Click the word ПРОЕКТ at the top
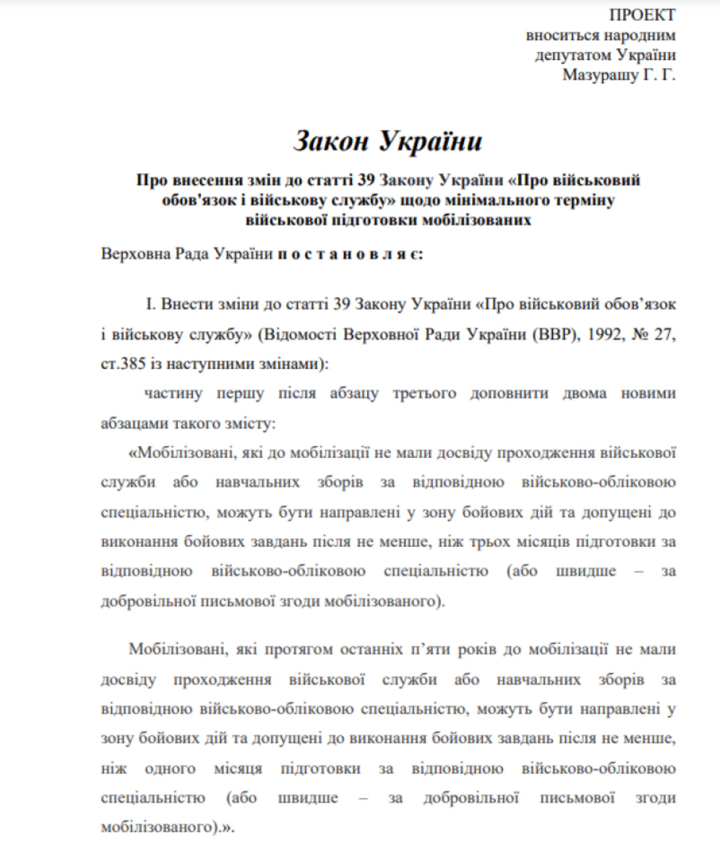(642, 16)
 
